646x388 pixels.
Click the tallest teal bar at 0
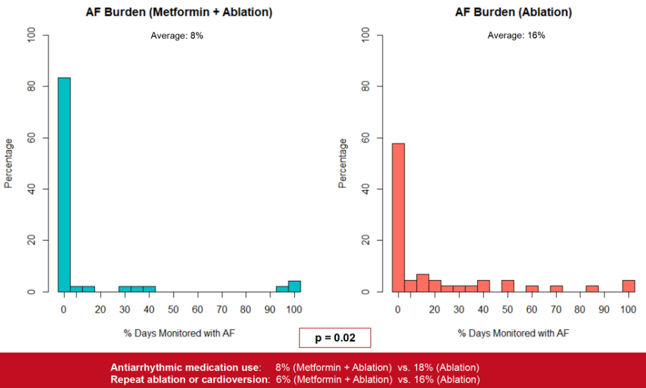click(64, 185)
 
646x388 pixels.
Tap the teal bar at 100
click(294, 286)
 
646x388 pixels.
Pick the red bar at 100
click(629, 286)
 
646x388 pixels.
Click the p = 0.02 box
click(335, 337)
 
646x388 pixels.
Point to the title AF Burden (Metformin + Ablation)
click(179, 12)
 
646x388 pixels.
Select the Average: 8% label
click(177, 35)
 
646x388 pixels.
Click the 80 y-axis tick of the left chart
click(34, 86)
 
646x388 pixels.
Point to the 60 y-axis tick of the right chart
click(367, 137)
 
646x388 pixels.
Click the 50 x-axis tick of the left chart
click(173, 309)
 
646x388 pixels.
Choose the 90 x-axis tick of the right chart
click(604, 309)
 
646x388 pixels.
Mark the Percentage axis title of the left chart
click(9, 163)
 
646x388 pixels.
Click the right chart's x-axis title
click(513, 333)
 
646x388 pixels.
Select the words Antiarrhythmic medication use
click(185, 368)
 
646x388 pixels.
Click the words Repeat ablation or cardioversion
click(190, 380)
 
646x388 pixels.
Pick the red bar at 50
click(507, 286)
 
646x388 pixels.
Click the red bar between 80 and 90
click(592, 288)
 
